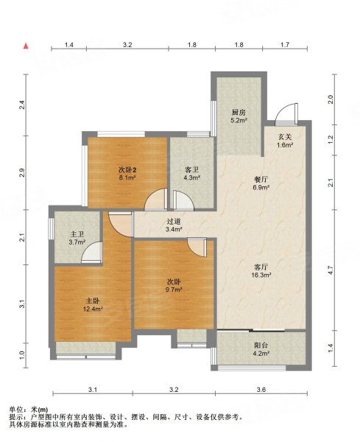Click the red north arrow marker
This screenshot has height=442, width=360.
[x=26, y=46]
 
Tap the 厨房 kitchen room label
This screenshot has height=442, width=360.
[x=239, y=113]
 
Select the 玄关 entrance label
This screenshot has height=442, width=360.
[x=285, y=137]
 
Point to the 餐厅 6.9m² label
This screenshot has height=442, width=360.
[x=261, y=183]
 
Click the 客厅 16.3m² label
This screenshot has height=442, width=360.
[x=261, y=270]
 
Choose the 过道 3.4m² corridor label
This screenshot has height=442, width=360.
[x=173, y=225]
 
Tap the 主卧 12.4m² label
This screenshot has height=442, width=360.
[x=93, y=305]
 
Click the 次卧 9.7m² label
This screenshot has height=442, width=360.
[x=174, y=285]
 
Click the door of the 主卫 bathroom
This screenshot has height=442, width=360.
[x=92, y=253]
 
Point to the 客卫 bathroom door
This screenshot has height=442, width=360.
[x=183, y=200]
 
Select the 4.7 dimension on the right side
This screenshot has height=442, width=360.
[x=331, y=270]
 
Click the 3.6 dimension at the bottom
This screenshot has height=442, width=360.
[x=261, y=390]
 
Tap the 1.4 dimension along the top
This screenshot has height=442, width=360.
[x=69, y=44]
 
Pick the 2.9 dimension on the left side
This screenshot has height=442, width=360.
[x=23, y=172]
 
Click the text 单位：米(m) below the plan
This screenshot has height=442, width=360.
[x=29, y=410]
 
